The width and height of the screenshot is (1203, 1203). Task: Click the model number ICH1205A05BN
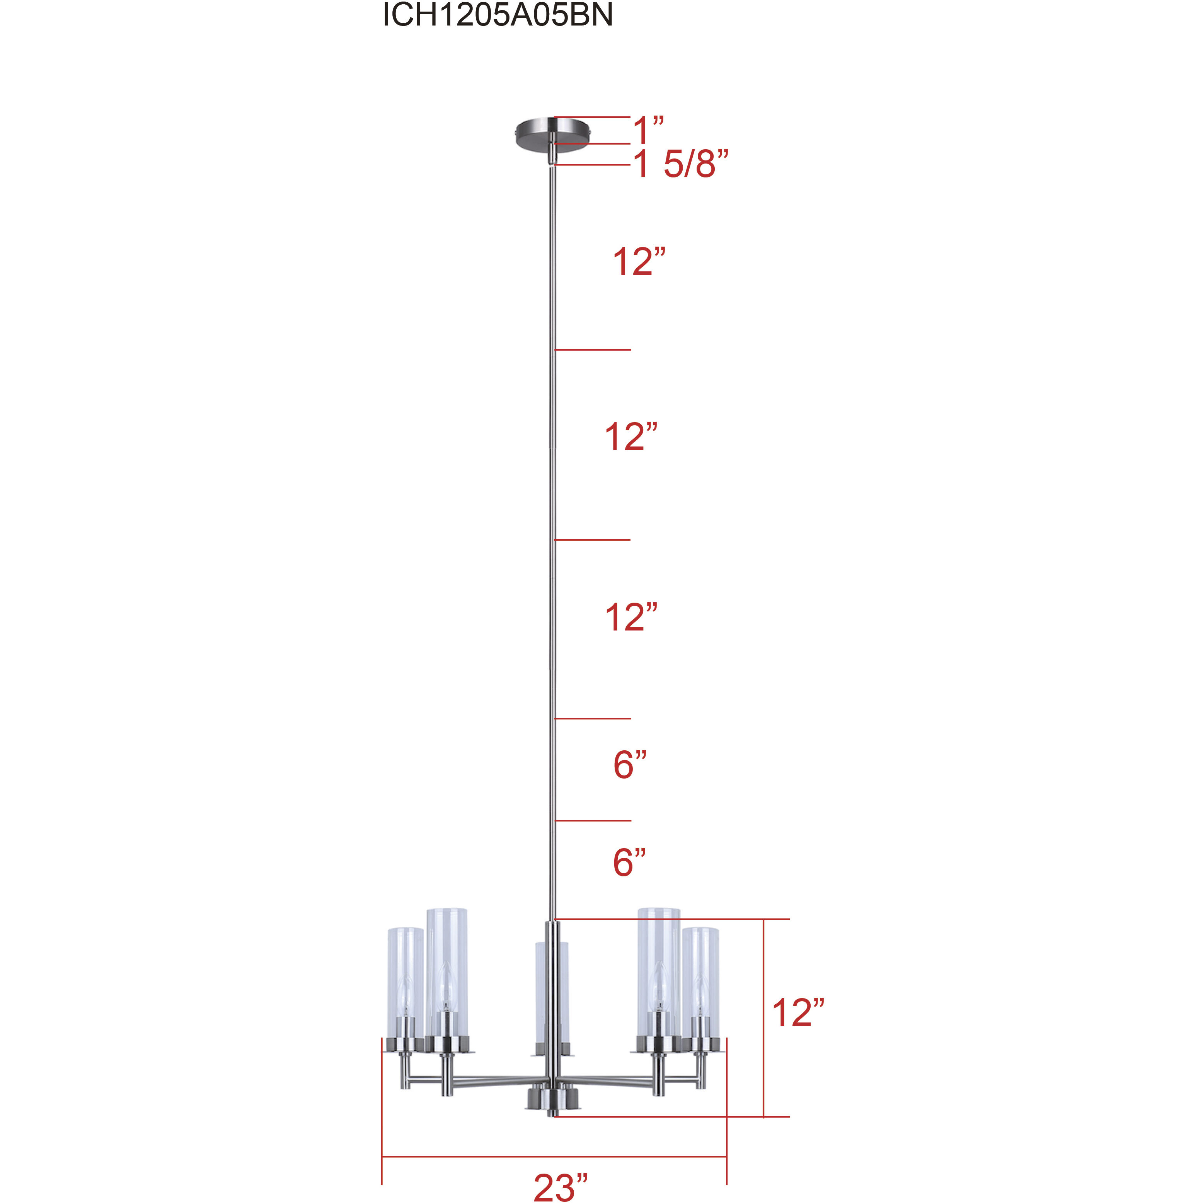[x=498, y=15]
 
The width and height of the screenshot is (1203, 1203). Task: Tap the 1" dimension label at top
[x=647, y=130]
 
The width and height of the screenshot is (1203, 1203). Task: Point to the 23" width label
[x=561, y=1187]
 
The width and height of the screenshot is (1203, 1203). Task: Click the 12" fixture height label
[x=797, y=1013]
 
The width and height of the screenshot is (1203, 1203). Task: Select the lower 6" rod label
[x=629, y=862]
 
